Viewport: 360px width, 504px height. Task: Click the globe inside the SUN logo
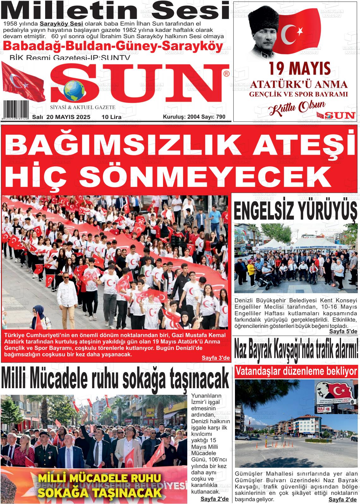tap(74, 92)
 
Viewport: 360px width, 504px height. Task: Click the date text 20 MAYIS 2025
tap(68, 117)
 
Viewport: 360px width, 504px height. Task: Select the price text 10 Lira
tap(111, 117)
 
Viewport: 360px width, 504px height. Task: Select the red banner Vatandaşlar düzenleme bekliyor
tap(296, 371)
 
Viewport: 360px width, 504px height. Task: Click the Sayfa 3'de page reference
tap(216, 358)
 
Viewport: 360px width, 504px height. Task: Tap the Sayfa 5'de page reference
tap(343, 331)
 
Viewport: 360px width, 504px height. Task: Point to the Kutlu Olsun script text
tap(297, 108)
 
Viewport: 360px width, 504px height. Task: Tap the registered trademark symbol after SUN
tap(226, 74)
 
